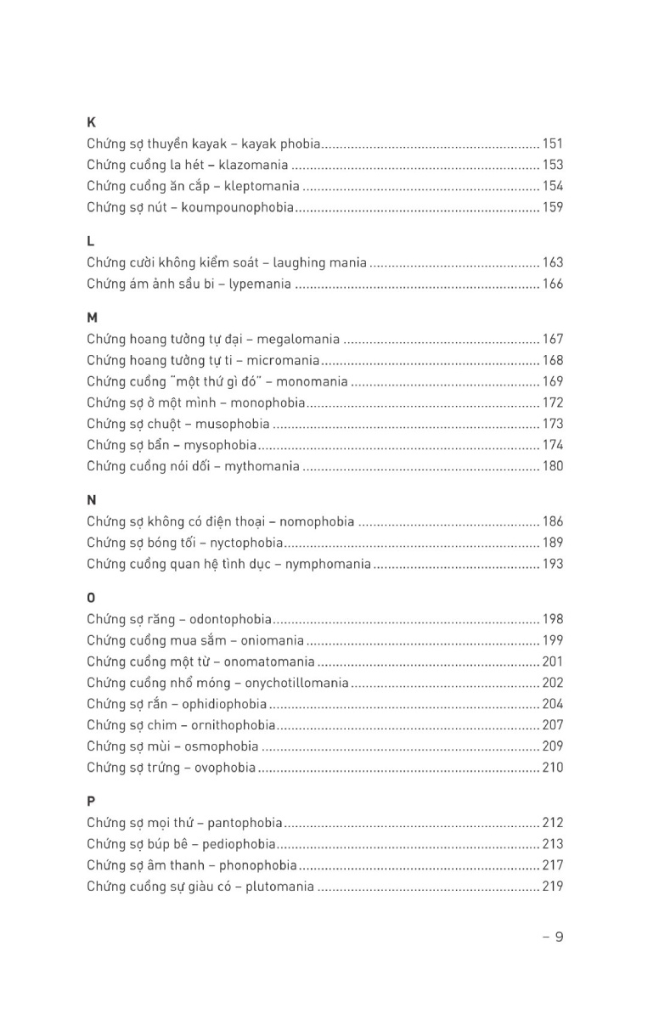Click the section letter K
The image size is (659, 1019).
91,122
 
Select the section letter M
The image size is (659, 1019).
92,318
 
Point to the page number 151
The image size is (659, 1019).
553,144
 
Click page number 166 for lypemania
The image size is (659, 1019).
553,284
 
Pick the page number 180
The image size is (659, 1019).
553,466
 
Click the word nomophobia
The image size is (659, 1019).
318,521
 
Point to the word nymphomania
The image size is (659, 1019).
329,564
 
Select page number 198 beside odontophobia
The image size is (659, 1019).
553,619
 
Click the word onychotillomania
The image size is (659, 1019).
297,683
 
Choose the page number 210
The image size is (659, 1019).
553,768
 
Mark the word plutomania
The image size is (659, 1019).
280,887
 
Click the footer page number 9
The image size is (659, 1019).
559,937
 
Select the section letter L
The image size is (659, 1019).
90,241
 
